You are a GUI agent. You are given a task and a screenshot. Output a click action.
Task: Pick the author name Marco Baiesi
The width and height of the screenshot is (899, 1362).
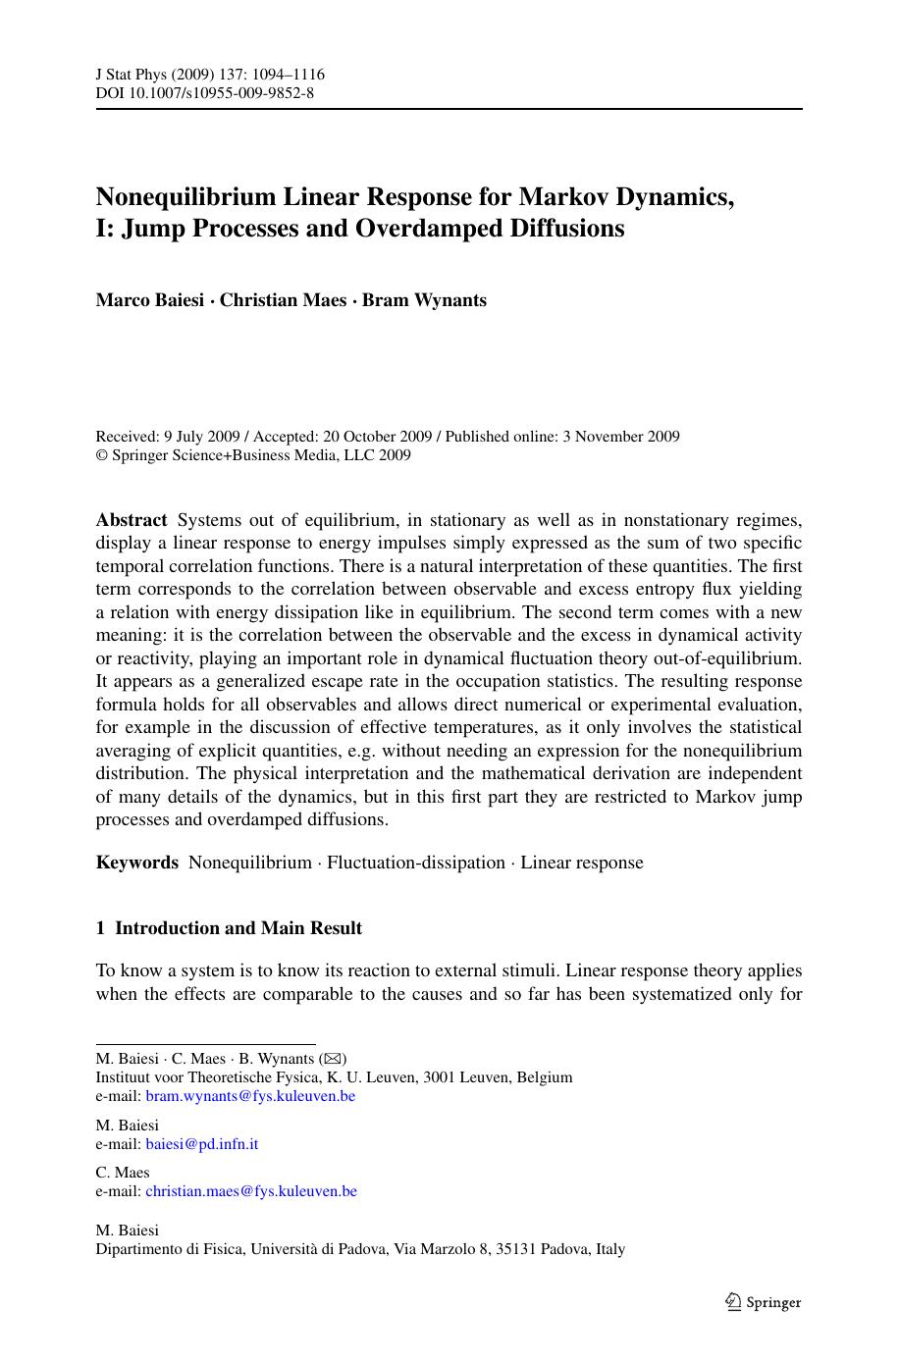149,300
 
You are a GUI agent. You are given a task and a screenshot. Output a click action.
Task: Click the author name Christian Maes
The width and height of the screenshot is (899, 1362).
283,300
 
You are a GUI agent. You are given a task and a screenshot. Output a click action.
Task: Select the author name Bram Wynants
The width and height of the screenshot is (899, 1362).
424,300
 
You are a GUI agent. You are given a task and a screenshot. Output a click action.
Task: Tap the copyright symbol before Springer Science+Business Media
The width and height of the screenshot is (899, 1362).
101,455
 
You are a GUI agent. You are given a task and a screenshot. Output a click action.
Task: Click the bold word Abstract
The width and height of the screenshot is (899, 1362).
132,520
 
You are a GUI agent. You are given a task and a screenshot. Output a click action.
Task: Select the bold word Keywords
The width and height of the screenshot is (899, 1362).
137,863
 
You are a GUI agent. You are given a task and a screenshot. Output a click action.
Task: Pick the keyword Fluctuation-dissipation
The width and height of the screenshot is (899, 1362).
416,863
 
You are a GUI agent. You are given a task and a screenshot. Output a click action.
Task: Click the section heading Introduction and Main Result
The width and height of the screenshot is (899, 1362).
238,928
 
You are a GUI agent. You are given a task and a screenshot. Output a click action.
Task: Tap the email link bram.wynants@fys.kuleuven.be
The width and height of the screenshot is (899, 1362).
250,1096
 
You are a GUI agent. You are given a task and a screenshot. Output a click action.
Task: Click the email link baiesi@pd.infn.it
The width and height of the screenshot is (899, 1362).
202,1143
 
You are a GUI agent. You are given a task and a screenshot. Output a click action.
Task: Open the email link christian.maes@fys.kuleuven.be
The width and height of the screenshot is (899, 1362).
251,1191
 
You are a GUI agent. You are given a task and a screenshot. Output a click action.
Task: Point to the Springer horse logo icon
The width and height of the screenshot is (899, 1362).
733,1302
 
